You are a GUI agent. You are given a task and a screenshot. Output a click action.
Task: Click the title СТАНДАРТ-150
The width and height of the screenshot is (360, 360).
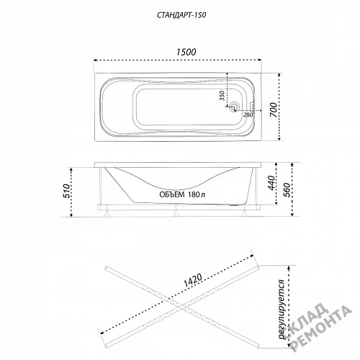pos(181,15)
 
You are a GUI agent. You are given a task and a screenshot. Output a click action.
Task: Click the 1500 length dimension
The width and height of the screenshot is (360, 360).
pos(186,52)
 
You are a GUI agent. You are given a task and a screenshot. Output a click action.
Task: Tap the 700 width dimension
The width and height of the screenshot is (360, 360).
pos(274,109)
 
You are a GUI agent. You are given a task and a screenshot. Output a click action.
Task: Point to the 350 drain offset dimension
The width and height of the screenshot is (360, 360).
pos(222,96)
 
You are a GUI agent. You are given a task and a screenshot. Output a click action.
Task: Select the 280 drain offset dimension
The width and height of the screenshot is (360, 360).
pos(248,114)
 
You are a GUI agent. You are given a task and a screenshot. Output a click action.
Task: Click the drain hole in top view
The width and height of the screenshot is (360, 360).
pos(234,107)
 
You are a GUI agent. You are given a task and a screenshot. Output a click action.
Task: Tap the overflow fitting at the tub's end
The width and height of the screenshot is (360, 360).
pos(253,106)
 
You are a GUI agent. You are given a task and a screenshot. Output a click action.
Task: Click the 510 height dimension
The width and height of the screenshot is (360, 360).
pos(66,192)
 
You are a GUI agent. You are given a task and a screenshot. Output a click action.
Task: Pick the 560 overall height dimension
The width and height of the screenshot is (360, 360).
pos(287,190)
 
